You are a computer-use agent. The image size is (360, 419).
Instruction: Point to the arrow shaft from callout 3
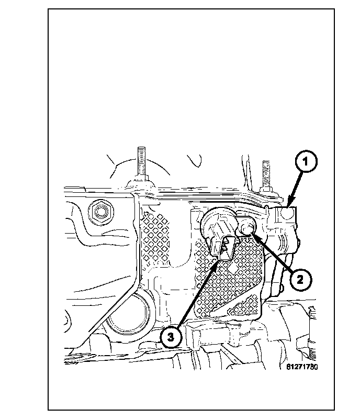point(196,293)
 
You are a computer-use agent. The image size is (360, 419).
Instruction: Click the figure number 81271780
point(302,367)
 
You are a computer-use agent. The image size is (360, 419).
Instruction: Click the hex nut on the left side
point(98,211)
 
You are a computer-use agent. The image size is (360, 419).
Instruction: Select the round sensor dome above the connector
point(215,223)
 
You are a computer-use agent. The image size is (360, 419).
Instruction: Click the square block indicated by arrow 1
point(286,216)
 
